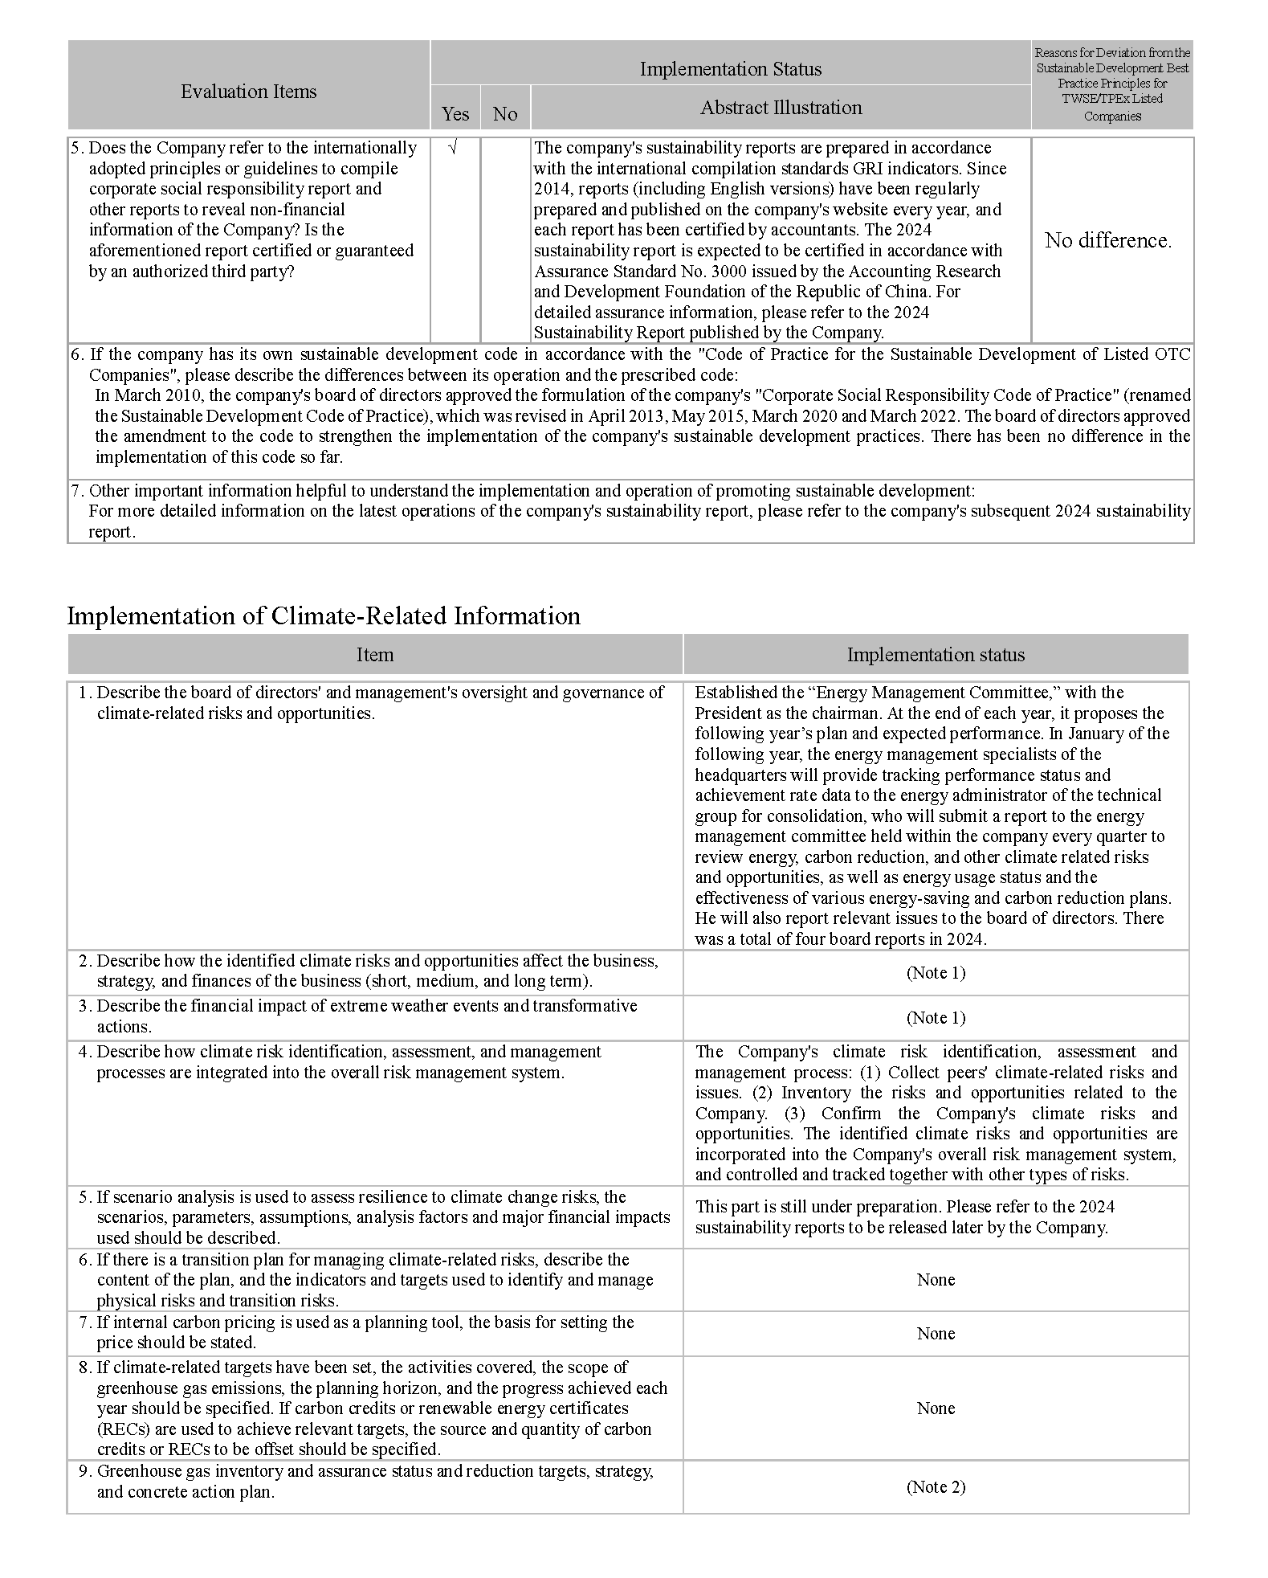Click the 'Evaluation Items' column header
click(x=248, y=92)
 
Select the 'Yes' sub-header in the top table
click(x=455, y=114)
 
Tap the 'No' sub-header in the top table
click(x=505, y=114)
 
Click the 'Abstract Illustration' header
click(x=781, y=108)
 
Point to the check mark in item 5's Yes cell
click(x=454, y=148)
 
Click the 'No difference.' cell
click(x=1108, y=240)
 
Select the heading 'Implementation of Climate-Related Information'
click(x=323, y=615)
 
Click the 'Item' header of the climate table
click(x=375, y=655)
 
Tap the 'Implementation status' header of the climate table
click(x=936, y=655)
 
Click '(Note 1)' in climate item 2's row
click(x=936, y=973)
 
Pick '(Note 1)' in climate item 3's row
click(x=936, y=1018)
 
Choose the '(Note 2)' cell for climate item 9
click(x=936, y=1487)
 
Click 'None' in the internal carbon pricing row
click(x=936, y=1334)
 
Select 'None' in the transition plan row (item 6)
click(x=936, y=1280)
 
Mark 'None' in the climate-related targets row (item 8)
click(x=936, y=1408)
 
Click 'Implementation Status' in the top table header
click(x=730, y=69)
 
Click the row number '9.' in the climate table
click(x=84, y=1471)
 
